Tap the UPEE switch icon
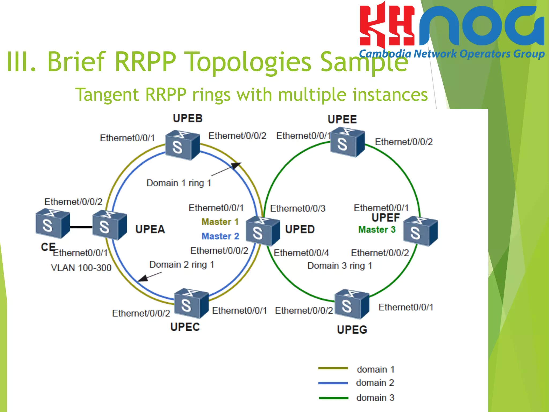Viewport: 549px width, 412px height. pyautogui.click(x=347, y=142)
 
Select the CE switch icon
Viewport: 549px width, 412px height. pyautogui.click(x=53, y=224)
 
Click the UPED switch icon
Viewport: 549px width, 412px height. pyautogui.click(x=262, y=231)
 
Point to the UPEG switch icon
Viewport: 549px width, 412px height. pyautogui.click(x=352, y=304)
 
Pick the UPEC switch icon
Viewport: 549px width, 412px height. pyautogui.click(x=191, y=303)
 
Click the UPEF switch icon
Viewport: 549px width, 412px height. pyautogui.click(x=420, y=231)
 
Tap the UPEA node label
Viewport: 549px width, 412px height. pyautogui.click(x=150, y=229)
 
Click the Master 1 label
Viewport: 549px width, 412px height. pyautogui.click(x=220, y=222)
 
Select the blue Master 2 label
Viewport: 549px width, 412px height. pyautogui.click(x=220, y=236)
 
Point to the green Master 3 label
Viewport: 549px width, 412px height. pyautogui.click(x=377, y=230)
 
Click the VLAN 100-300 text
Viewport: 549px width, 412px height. pyautogui.click(x=81, y=268)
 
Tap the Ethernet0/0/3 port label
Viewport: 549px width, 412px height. pyautogui.click(x=298, y=208)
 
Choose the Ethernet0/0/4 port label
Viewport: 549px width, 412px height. pyautogui.click(x=301, y=253)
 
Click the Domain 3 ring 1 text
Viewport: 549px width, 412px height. pyautogui.click(x=340, y=266)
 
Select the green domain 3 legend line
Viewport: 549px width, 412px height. pyautogui.click(x=333, y=398)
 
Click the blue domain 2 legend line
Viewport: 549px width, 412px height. pyautogui.click(x=333, y=383)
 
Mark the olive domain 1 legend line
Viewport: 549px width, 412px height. pyautogui.click(x=333, y=368)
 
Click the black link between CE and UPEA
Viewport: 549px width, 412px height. pyautogui.click(x=81, y=227)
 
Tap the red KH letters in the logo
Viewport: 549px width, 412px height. pyautogui.click(x=387, y=25)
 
